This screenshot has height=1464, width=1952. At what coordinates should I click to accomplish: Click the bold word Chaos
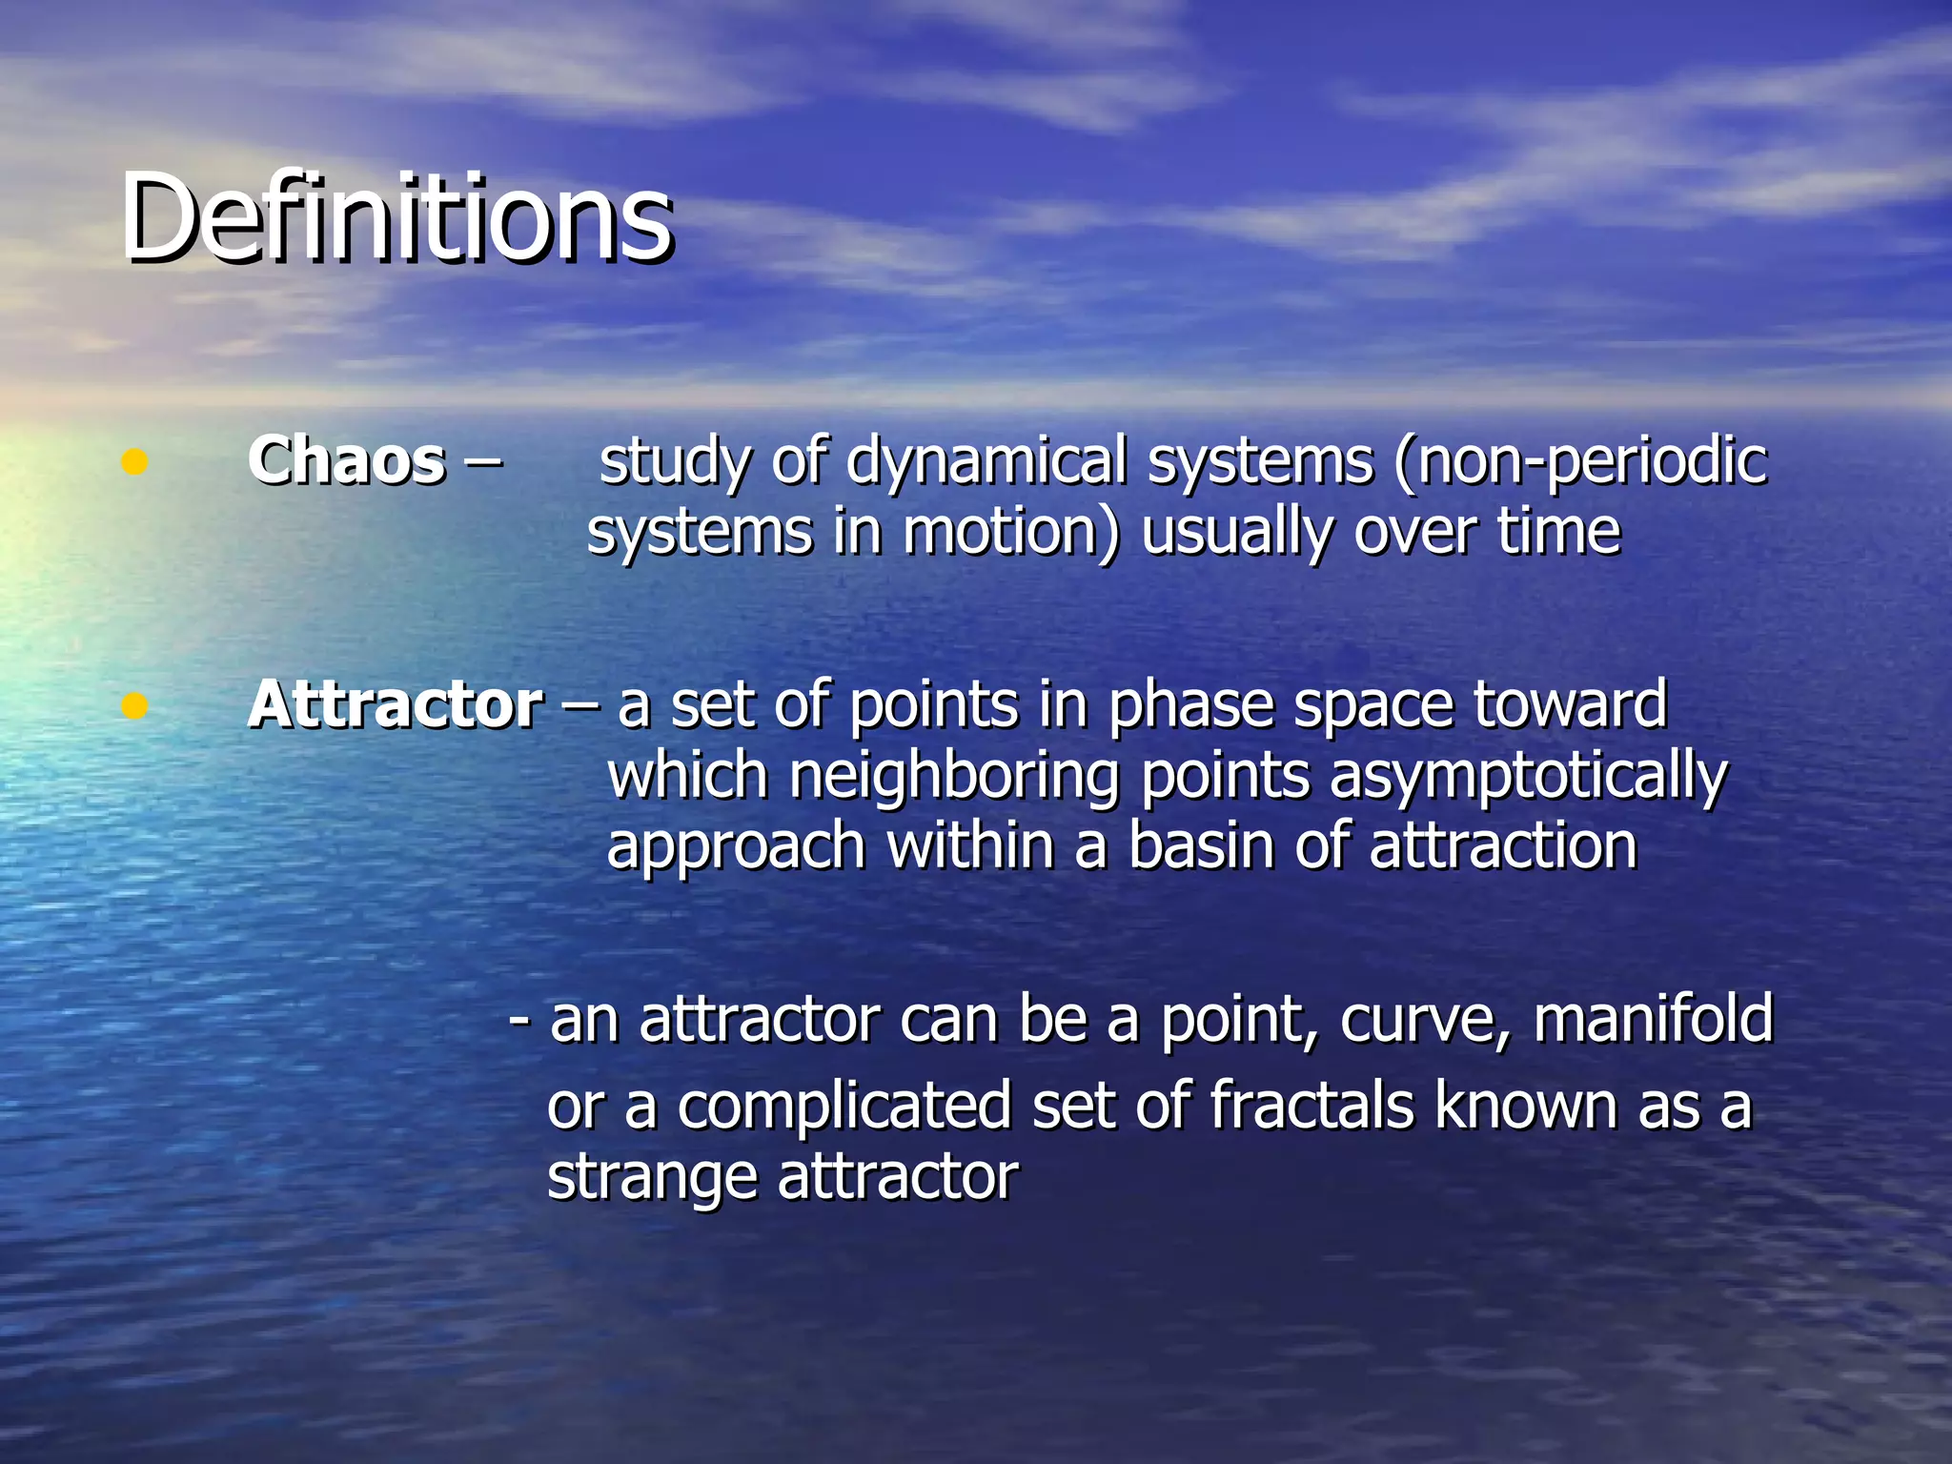point(346,461)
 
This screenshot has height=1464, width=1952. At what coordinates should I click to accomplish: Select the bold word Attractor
point(395,705)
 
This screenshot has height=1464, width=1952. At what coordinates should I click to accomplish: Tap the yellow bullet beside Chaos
point(134,462)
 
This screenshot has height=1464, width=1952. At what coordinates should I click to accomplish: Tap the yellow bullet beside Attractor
point(134,706)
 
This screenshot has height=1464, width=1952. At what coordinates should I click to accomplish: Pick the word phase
point(1190,707)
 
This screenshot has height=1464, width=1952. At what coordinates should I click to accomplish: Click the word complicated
point(844,1107)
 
